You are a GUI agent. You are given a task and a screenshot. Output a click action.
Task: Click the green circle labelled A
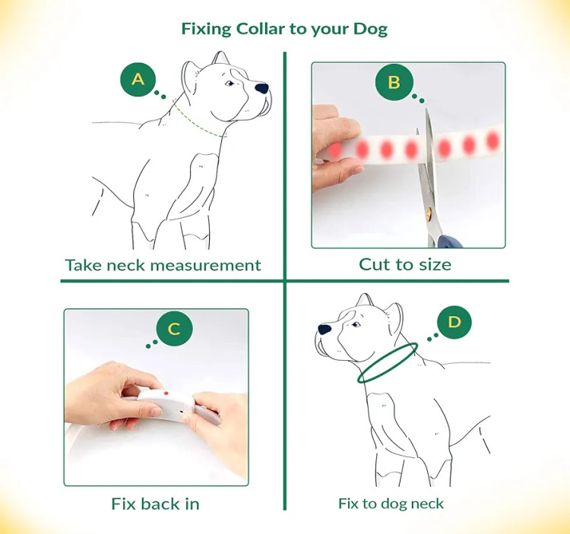[x=138, y=79]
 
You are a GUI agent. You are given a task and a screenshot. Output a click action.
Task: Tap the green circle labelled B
[x=394, y=82]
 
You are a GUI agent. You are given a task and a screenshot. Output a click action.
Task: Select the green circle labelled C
[x=174, y=328]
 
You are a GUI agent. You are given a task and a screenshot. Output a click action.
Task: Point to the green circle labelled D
[x=454, y=322]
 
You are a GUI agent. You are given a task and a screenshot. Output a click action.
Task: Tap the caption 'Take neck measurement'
[x=163, y=265]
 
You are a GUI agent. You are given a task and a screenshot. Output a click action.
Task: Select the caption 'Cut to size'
[x=405, y=264]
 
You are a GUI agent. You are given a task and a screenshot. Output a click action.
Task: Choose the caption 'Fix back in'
[x=155, y=504]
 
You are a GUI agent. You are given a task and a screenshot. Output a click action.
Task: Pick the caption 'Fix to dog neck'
[x=391, y=504]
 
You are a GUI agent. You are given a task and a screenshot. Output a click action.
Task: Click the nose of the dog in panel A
[x=261, y=88]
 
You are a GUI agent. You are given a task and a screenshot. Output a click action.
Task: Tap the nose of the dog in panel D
[x=325, y=330]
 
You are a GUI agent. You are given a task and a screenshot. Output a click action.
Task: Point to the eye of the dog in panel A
[x=230, y=84]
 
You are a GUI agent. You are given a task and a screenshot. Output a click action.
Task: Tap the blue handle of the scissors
[x=450, y=242]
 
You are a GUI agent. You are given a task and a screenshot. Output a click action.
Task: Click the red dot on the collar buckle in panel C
[x=166, y=393]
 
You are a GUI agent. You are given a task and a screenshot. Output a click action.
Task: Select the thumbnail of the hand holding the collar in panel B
[x=357, y=169]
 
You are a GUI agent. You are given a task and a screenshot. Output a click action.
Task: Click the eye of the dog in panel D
[x=356, y=324]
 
